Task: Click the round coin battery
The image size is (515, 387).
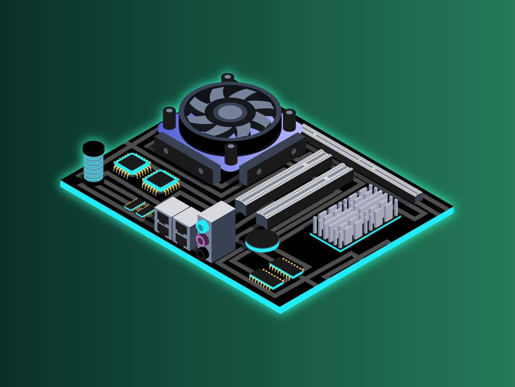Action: (262, 241)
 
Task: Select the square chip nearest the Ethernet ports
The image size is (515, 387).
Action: (161, 182)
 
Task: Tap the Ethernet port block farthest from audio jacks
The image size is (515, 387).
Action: (165, 218)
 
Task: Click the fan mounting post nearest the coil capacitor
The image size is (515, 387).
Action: (169, 116)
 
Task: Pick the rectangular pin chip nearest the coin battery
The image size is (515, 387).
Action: (286, 267)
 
